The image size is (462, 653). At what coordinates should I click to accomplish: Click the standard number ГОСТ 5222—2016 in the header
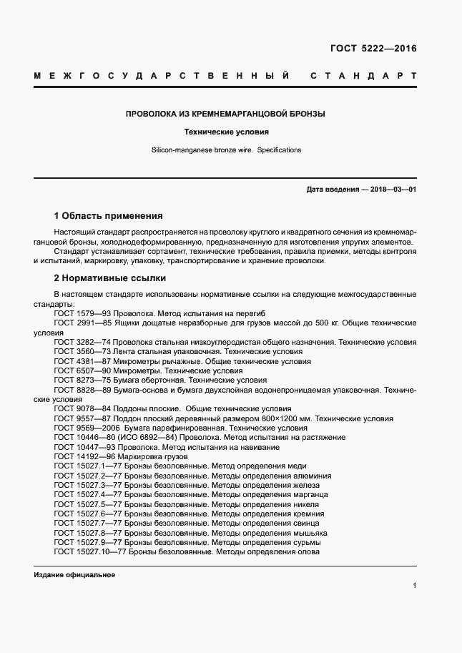(373, 49)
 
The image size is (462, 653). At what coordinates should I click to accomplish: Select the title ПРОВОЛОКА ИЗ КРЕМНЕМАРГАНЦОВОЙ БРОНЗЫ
(226, 114)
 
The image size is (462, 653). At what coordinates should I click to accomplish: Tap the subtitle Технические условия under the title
(226, 132)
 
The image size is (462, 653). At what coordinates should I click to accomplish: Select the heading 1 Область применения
(108, 215)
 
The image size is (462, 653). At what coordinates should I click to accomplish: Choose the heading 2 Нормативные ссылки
(109, 278)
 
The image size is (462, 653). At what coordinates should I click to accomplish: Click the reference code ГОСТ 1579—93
(81, 313)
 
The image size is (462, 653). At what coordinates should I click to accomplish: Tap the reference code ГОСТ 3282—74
(81, 343)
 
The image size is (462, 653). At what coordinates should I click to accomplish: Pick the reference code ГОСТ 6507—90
(81, 371)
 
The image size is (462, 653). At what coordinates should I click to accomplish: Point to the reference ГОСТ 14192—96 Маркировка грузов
(121, 456)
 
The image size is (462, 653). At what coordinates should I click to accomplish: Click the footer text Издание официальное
(74, 575)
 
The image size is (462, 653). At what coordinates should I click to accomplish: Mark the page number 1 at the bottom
(415, 586)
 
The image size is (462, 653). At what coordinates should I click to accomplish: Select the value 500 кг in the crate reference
(316, 323)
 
